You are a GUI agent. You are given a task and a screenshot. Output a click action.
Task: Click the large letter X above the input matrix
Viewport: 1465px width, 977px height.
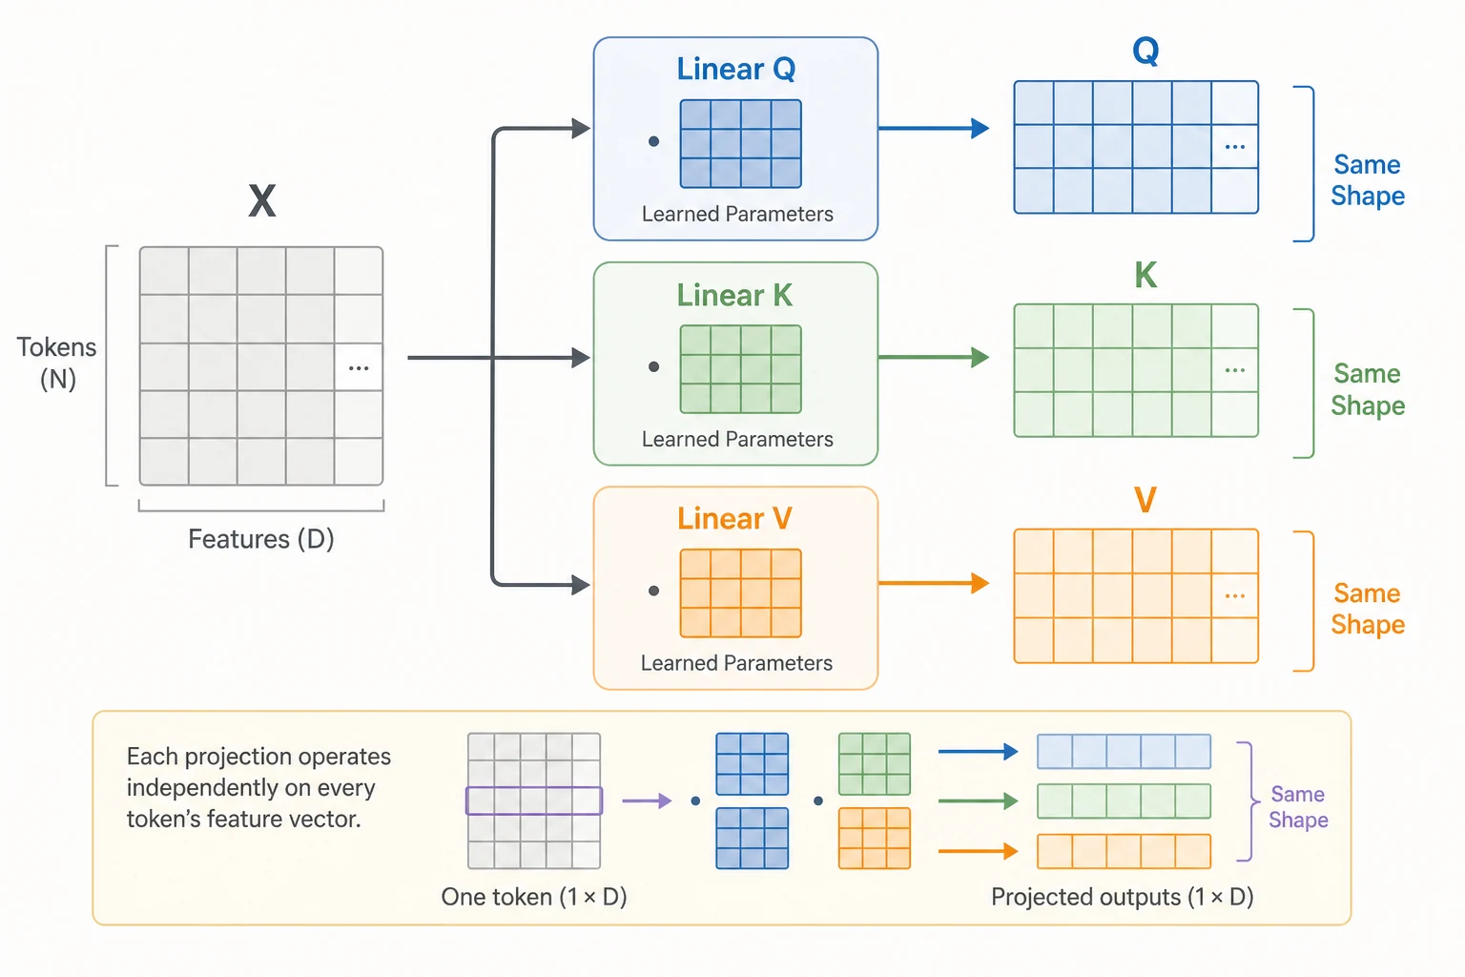(262, 200)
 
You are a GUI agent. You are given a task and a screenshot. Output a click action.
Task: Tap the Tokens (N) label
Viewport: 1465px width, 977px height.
(57, 364)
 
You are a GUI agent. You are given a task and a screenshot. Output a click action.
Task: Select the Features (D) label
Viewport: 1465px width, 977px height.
(261, 539)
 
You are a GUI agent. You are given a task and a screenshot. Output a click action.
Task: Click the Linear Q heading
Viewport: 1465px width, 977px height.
(735, 69)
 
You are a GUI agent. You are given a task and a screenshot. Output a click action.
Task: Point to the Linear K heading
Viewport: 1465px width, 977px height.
(734, 295)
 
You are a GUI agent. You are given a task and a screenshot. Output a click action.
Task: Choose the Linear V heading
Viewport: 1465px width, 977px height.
(734, 518)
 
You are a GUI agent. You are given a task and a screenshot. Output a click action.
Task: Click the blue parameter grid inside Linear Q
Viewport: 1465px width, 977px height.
(740, 144)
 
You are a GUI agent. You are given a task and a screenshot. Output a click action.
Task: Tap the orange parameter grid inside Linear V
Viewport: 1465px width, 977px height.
(740, 592)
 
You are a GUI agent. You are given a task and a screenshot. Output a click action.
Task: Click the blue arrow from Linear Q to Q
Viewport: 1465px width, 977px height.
(934, 128)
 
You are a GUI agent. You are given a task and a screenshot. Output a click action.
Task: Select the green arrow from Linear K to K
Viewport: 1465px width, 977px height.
(934, 357)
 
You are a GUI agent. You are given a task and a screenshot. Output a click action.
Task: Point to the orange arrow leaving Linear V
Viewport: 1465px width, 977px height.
(934, 582)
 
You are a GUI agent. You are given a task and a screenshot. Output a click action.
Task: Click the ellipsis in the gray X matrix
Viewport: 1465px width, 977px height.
(359, 368)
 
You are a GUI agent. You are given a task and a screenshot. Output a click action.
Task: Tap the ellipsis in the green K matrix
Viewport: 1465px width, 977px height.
(1235, 370)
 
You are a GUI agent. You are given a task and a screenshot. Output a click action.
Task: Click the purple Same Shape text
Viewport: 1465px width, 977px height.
(1298, 807)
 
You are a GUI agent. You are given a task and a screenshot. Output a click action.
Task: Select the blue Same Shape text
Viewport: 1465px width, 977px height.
(1368, 180)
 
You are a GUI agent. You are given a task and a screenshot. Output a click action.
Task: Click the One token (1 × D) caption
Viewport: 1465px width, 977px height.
(534, 897)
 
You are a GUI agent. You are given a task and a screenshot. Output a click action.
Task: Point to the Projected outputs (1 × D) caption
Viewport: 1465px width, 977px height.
(1123, 897)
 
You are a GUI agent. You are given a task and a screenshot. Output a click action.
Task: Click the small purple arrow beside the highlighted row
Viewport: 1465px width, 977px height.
(647, 801)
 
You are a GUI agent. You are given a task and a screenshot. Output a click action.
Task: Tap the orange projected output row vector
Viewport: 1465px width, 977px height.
(1124, 851)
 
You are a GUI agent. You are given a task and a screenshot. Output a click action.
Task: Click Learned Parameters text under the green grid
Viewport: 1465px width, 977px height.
(737, 439)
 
